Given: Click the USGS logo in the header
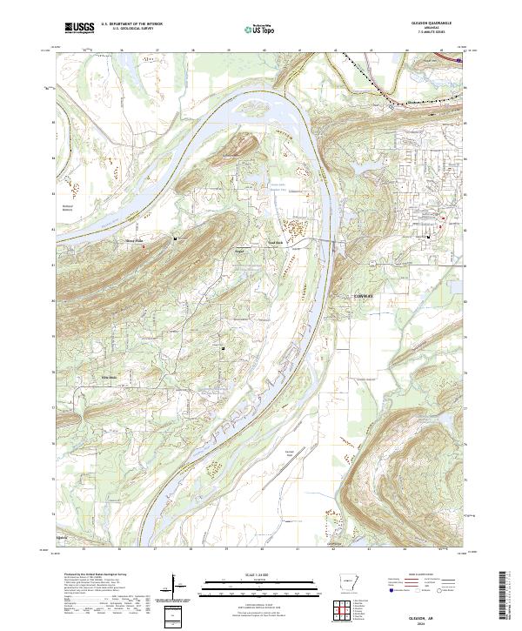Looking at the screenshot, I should coord(80,28).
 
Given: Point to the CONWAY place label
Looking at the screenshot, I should coord(364,296).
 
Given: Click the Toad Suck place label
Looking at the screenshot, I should coord(275,243).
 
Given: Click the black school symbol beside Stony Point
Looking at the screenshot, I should coord(177,237).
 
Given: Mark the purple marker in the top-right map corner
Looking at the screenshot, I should coord(458,60).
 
